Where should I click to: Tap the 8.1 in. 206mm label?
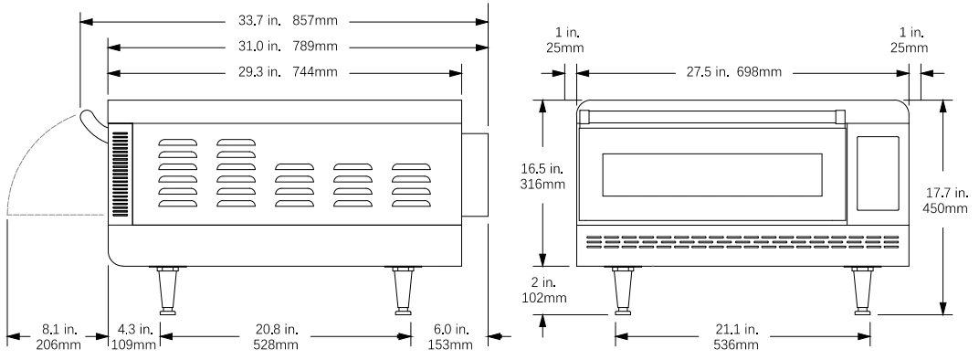point(58,336)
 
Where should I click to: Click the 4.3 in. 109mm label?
point(133,336)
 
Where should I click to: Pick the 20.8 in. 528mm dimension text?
point(276,336)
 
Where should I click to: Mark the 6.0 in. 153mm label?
point(449,336)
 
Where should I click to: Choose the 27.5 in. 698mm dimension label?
point(733,72)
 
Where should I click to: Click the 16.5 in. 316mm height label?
point(542,175)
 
